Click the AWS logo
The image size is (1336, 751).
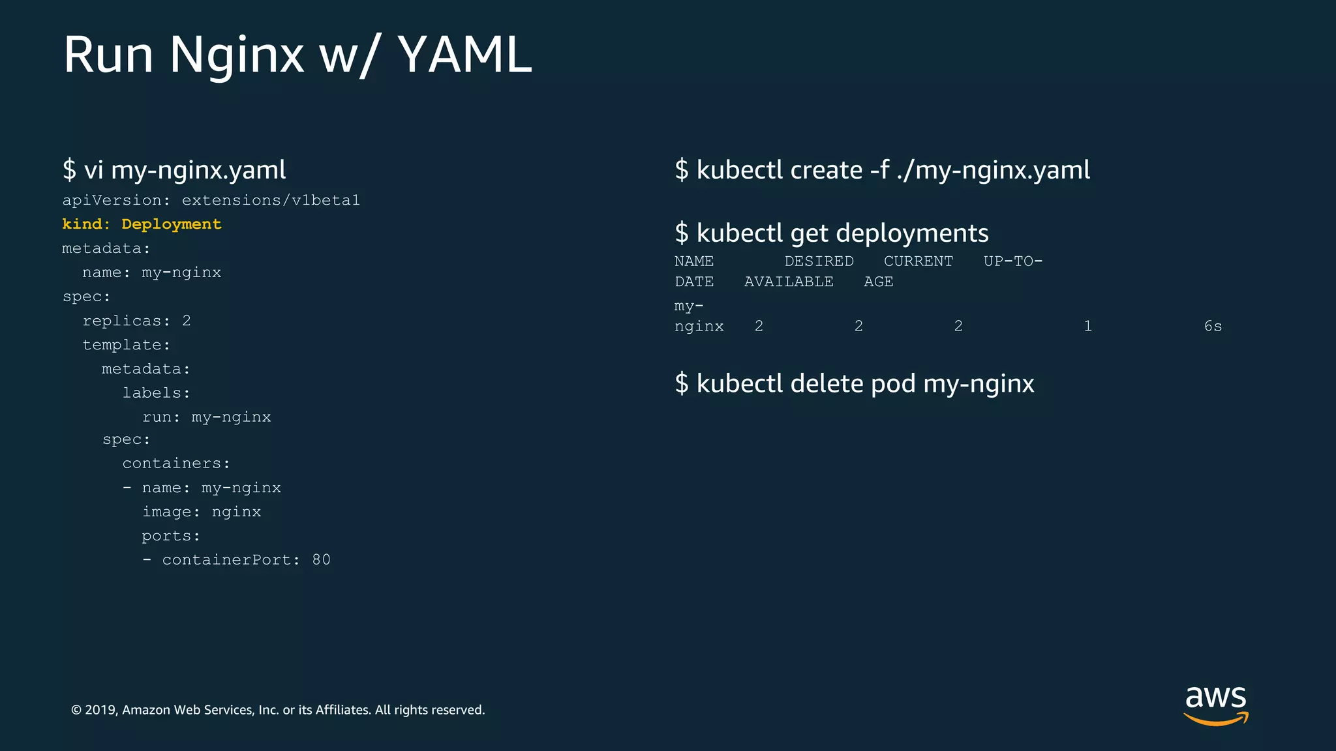(x=1215, y=705)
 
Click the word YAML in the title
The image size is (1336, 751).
(x=464, y=55)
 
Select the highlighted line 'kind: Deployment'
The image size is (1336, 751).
(x=142, y=224)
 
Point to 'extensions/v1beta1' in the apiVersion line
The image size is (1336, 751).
(x=271, y=200)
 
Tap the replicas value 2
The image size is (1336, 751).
(x=187, y=321)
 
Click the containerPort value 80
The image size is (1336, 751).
(x=321, y=560)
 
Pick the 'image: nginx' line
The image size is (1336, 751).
(x=202, y=512)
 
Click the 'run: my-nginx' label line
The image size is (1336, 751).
(x=206, y=417)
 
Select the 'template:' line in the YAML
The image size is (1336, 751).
(x=126, y=345)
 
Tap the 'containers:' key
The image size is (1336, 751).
(x=176, y=464)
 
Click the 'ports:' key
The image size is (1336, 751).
(x=171, y=536)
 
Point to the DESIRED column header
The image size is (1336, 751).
(x=819, y=261)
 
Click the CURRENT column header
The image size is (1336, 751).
(x=918, y=261)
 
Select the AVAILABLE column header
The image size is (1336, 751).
(x=789, y=282)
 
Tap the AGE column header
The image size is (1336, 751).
(x=878, y=282)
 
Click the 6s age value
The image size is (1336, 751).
(x=1213, y=327)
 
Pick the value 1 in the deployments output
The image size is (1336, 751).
(x=1087, y=327)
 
